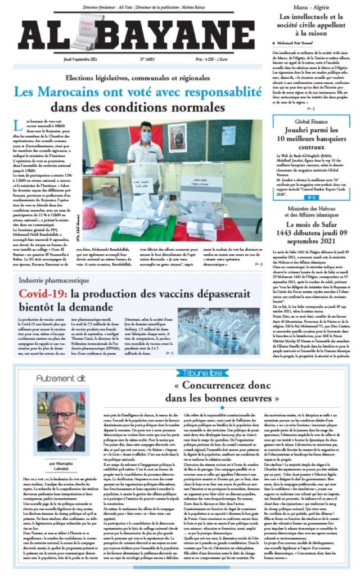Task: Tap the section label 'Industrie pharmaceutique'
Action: (54, 279)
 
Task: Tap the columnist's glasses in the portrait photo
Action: (62, 416)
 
